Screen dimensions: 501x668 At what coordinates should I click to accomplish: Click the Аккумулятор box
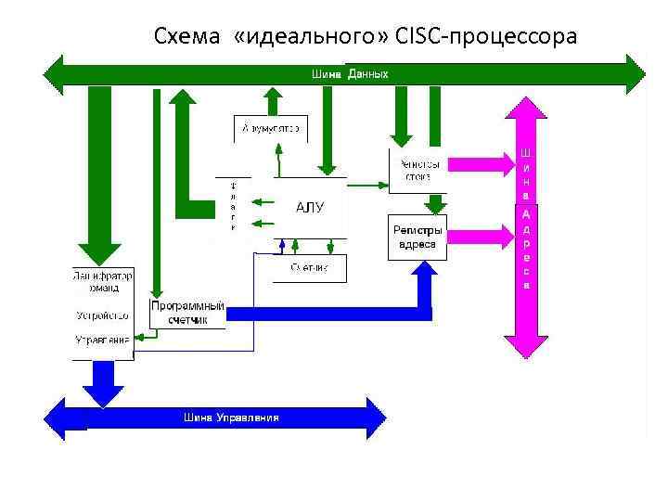(x=270, y=128)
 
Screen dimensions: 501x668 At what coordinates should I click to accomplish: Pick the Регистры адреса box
(x=417, y=238)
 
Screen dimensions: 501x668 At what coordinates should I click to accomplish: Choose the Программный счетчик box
(x=187, y=313)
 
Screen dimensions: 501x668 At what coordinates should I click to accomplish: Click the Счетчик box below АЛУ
(x=308, y=268)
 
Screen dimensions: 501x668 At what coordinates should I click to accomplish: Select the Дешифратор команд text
(x=102, y=282)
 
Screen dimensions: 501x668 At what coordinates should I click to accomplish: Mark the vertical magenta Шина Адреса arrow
(x=526, y=227)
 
